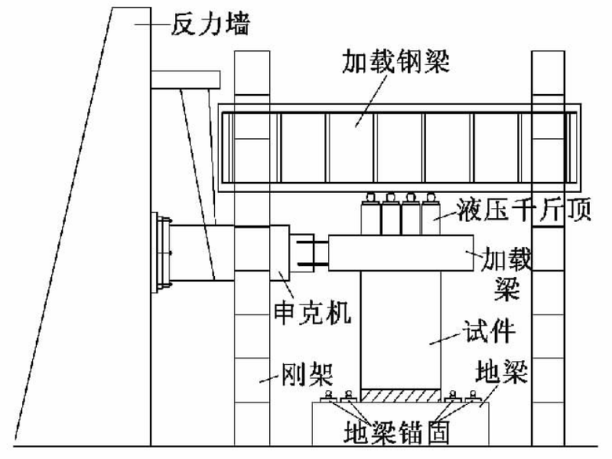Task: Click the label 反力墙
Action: (210, 24)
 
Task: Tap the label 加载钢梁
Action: (395, 61)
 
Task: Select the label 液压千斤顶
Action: (524, 210)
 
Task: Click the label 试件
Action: (489, 332)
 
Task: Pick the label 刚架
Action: (308, 374)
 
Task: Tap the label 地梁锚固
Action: (396, 432)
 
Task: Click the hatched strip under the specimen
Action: (400, 395)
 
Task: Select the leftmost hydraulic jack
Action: (370, 214)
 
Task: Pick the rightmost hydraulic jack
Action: (431, 214)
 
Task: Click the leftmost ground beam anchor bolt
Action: (328, 396)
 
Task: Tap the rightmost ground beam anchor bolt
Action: (473, 396)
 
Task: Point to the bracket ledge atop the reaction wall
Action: (185, 79)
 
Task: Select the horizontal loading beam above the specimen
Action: (401, 253)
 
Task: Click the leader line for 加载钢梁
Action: (371, 100)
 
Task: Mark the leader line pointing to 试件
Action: (445, 339)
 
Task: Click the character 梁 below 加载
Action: (507, 288)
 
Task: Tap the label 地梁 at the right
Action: (501, 371)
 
